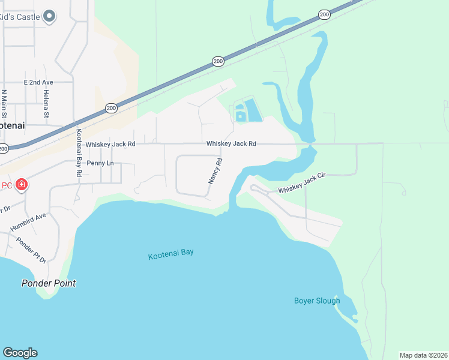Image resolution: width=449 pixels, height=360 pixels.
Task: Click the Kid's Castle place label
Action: click(20, 17)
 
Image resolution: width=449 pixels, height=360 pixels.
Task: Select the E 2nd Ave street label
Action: click(38, 82)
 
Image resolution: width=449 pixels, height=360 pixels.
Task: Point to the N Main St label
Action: click(5, 103)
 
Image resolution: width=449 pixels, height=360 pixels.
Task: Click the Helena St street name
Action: click(46, 103)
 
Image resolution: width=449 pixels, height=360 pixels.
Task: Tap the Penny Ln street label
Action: click(100, 163)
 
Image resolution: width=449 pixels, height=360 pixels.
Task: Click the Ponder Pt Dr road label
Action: click(32, 250)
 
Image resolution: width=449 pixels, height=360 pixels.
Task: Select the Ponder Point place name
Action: click(49, 283)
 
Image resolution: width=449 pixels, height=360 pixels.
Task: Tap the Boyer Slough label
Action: click(317, 301)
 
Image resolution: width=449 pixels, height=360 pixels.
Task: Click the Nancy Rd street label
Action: click(215, 170)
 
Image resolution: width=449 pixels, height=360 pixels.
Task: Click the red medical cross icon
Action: click(22, 184)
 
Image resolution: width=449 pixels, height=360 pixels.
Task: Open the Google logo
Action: click(20, 353)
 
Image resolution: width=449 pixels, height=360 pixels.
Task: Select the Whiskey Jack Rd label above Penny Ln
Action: click(110, 144)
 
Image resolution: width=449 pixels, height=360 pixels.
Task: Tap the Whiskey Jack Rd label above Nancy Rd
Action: click(232, 144)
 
